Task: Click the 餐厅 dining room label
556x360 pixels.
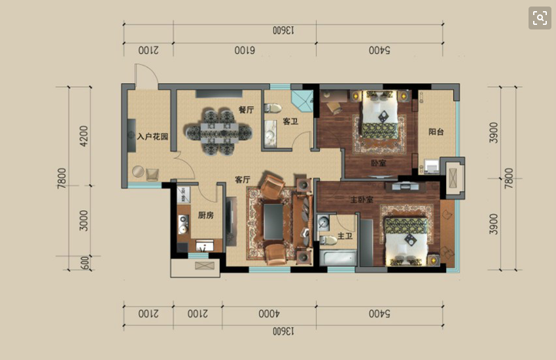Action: [246, 109]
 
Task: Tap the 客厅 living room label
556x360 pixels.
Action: [243, 180]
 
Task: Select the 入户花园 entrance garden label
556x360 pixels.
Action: [152, 136]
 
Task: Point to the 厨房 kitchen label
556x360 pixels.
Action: [205, 215]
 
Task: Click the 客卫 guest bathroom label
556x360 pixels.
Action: [290, 122]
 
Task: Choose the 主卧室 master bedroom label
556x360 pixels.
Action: [362, 200]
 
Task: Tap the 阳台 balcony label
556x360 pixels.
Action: [436, 132]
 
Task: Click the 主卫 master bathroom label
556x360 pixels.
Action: [345, 236]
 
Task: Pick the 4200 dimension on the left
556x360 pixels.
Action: [83, 136]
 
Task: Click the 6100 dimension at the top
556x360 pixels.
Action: [245, 50]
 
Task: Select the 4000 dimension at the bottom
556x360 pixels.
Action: [269, 314]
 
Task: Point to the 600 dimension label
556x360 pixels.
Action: [85, 263]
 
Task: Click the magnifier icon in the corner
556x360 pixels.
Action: [540, 18]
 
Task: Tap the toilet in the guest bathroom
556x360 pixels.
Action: [273, 108]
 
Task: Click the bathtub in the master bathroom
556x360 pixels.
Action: [338, 258]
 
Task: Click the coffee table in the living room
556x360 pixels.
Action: [273, 222]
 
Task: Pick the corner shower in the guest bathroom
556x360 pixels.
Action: [302, 101]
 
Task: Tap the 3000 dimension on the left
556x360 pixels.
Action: [83, 221]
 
